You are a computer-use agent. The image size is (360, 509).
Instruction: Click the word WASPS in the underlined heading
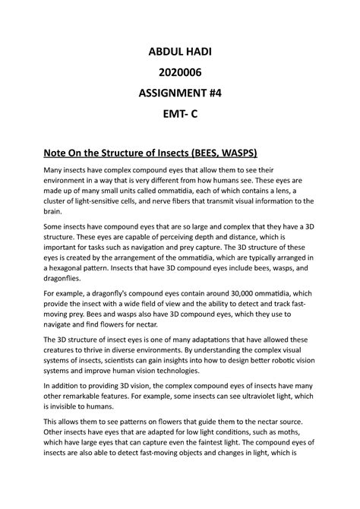pos(236,153)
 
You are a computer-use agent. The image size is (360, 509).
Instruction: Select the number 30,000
pos(229,294)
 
